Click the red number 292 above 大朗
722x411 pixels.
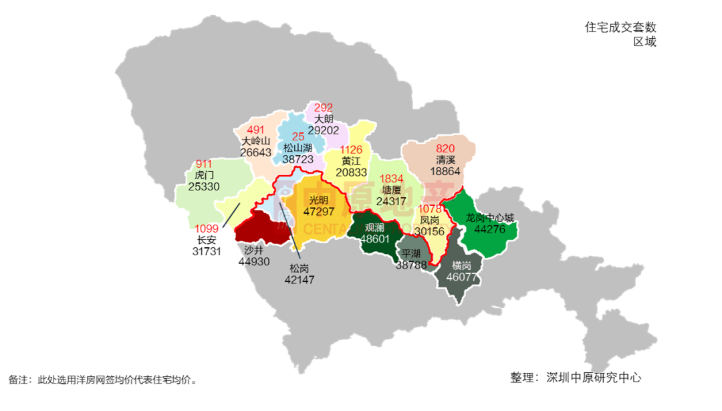324,108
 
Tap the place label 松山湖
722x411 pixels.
297,148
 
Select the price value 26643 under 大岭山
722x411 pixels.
255,152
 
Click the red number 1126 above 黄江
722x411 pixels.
351,150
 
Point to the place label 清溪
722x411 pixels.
445,160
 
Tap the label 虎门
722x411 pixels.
204,175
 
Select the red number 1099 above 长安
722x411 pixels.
207,229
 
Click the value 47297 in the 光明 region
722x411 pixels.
319,211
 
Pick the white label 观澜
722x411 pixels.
374,227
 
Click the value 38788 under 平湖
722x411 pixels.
411,265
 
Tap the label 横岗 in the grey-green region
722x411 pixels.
461,265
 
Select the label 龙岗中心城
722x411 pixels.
491,218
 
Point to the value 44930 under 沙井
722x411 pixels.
254,261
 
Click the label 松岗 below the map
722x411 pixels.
299,268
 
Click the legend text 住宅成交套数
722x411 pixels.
620,27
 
